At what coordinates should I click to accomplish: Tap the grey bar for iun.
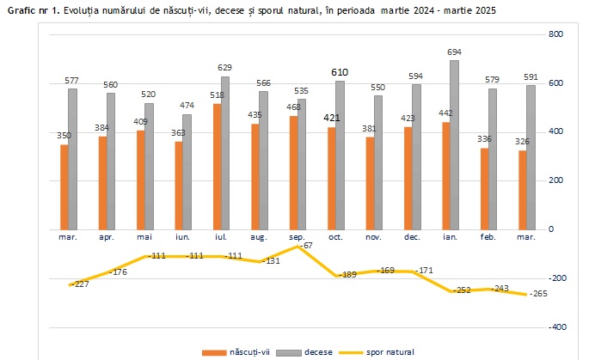[x=187, y=172]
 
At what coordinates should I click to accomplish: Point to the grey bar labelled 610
[x=340, y=155]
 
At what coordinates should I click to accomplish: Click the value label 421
[x=332, y=119]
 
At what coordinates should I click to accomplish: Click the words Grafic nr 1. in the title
[x=32, y=9]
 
